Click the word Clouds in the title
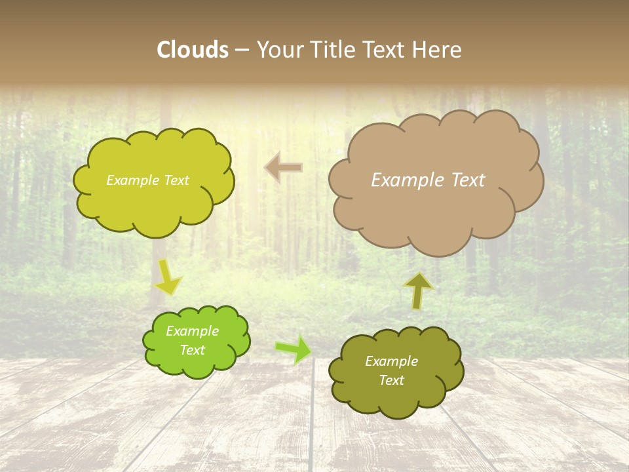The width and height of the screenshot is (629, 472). [x=193, y=50]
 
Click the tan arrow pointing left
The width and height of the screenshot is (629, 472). [x=284, y=168]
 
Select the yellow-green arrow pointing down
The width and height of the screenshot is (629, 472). [x=167, y=277]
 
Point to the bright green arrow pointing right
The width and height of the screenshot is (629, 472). [x=293, y=349]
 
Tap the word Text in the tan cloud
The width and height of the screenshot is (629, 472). [x=468, y=180]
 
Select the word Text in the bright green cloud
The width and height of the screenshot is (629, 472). [x=193, y=350]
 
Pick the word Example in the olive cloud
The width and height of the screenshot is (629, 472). [x=391, y=361]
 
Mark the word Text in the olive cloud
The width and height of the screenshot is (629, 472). [x=391, y=380]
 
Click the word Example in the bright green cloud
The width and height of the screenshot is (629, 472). [x=193, y=331]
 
